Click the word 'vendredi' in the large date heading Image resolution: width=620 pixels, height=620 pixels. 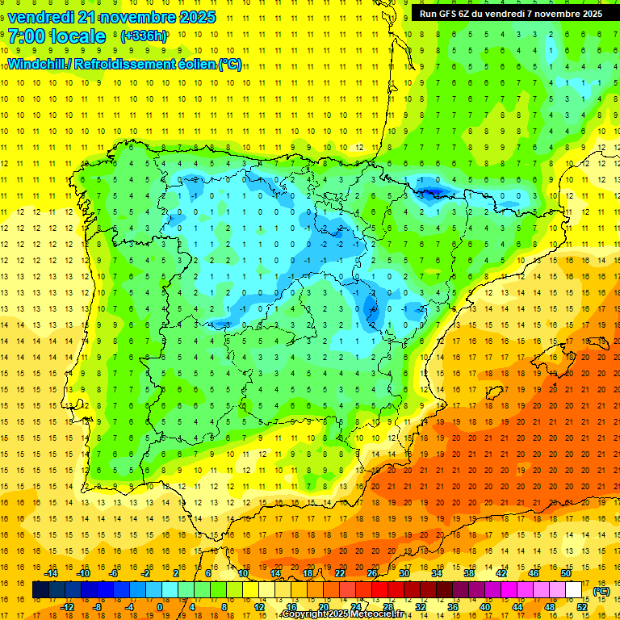pos(40,17)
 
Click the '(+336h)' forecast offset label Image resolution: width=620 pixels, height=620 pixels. pos(145,36)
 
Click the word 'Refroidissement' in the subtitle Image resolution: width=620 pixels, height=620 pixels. pos(132,64)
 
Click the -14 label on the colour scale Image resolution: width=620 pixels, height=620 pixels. pos(52,573)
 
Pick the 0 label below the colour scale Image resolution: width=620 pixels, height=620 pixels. pos(160,607)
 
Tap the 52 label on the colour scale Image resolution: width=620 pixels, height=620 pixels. pos(582,607)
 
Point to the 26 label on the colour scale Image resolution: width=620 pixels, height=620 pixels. pos(372,573)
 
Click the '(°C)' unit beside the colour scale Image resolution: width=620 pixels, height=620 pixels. pos(601,591)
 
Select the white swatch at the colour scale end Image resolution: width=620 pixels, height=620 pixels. pos(574,590)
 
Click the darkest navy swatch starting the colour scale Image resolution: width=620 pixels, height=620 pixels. pos(40,590)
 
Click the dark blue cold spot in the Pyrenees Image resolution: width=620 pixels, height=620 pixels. pos(429,191)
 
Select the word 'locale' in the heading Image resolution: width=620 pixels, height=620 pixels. pos(77,37)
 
